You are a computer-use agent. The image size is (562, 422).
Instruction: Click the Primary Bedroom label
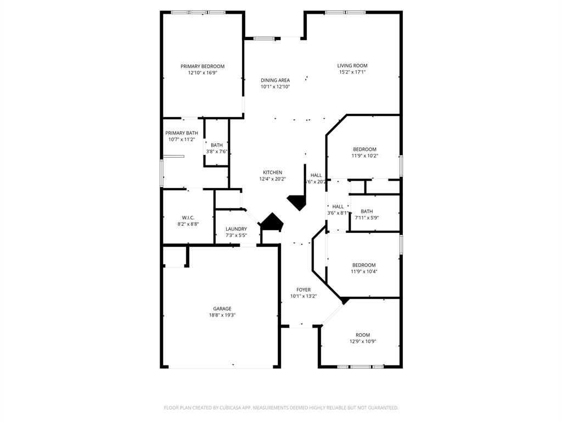pos(203,66)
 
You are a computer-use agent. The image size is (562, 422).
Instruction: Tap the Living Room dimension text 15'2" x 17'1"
pos(352,72)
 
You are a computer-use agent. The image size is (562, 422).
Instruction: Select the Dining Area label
pos(275,80)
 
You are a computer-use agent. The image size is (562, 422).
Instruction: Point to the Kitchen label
pos(272,173)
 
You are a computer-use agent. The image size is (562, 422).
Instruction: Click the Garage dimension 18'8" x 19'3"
pos(222,315)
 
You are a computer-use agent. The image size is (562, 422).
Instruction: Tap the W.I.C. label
pos(188,218)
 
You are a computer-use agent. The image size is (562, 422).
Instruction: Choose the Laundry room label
pos(236,229)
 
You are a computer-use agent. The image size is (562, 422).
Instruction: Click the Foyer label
pos(304,290)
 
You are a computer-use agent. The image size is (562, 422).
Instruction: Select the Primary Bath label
pos(182,133)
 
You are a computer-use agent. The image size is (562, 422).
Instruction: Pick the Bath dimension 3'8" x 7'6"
pos(216,152)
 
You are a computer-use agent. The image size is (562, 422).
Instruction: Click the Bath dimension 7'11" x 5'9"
pos(367,218)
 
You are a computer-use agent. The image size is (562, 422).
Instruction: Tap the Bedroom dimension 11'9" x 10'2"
pos(364,156)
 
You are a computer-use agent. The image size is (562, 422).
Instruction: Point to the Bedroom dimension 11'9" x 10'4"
pos(364,271)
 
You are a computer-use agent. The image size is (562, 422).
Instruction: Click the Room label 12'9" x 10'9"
pos(363,335)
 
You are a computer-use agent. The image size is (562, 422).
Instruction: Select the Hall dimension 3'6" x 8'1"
pos(338,213)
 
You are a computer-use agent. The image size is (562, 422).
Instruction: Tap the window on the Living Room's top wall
pos(345,12)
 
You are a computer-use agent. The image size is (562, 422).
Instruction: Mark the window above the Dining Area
pos(264,38)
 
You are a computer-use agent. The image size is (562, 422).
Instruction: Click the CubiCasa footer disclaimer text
pos(281,408)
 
